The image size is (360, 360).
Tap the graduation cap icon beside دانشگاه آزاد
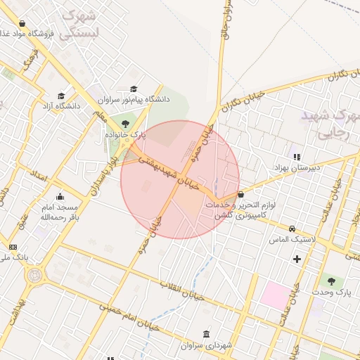coord(61,96)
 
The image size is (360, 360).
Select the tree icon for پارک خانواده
coord(125,124)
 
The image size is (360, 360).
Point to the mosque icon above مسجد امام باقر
coord(60,196)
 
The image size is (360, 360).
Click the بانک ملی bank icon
coord(13,247)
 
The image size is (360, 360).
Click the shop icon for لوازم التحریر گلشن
coord(241,194)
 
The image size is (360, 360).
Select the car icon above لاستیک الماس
coord(292,229)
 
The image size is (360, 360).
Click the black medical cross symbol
coord(297,259)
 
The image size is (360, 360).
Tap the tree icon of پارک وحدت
coord(330,281)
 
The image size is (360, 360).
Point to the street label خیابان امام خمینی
coord(129,317)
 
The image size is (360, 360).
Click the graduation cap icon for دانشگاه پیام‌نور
coord(134,89)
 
